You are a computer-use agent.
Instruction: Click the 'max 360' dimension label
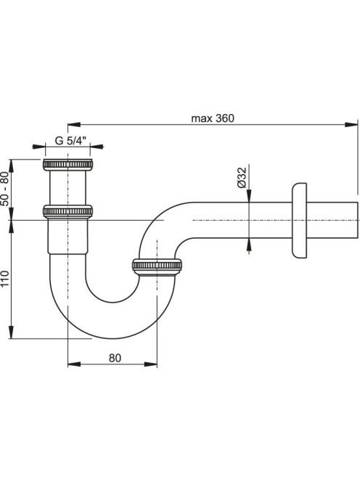tap(213, 118)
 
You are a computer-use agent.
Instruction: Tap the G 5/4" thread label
tap(70, 141)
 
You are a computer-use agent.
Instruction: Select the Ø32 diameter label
tap(242, 177)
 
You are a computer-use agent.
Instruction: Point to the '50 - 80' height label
tap(4, 189)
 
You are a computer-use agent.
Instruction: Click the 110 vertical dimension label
tap(5, 279)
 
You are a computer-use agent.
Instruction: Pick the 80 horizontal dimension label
tap(115, 358)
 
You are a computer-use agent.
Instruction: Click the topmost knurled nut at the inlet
tap(67, 165)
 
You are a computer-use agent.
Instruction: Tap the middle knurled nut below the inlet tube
tap(67, 211)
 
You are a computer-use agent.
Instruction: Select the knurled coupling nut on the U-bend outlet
tap(157, 266)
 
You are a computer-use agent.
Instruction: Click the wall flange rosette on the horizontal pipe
tap(299, 221)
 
